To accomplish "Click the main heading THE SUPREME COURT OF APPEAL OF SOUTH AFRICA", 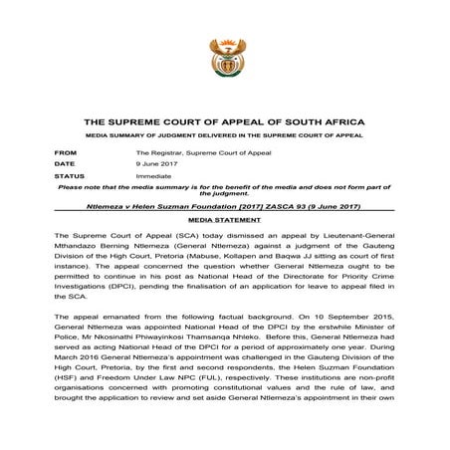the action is [x=225, y=120].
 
